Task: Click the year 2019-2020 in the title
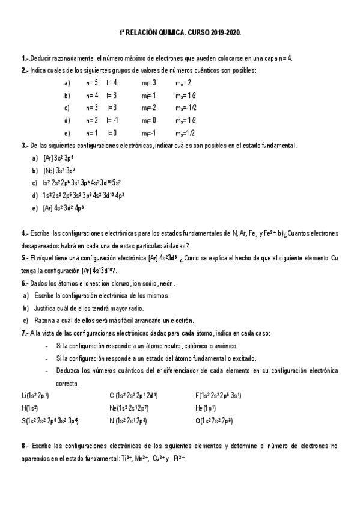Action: coord(225,34)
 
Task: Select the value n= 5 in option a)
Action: coord(92,82)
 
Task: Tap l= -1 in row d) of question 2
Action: coord(112,120)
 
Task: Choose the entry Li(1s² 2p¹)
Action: coord(35,395)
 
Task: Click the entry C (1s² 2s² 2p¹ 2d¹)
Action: coord(133,395)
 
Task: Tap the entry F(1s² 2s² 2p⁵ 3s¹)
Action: coord(218,395)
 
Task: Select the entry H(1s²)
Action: coord(29,408)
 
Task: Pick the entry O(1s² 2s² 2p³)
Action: coord(214,420)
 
